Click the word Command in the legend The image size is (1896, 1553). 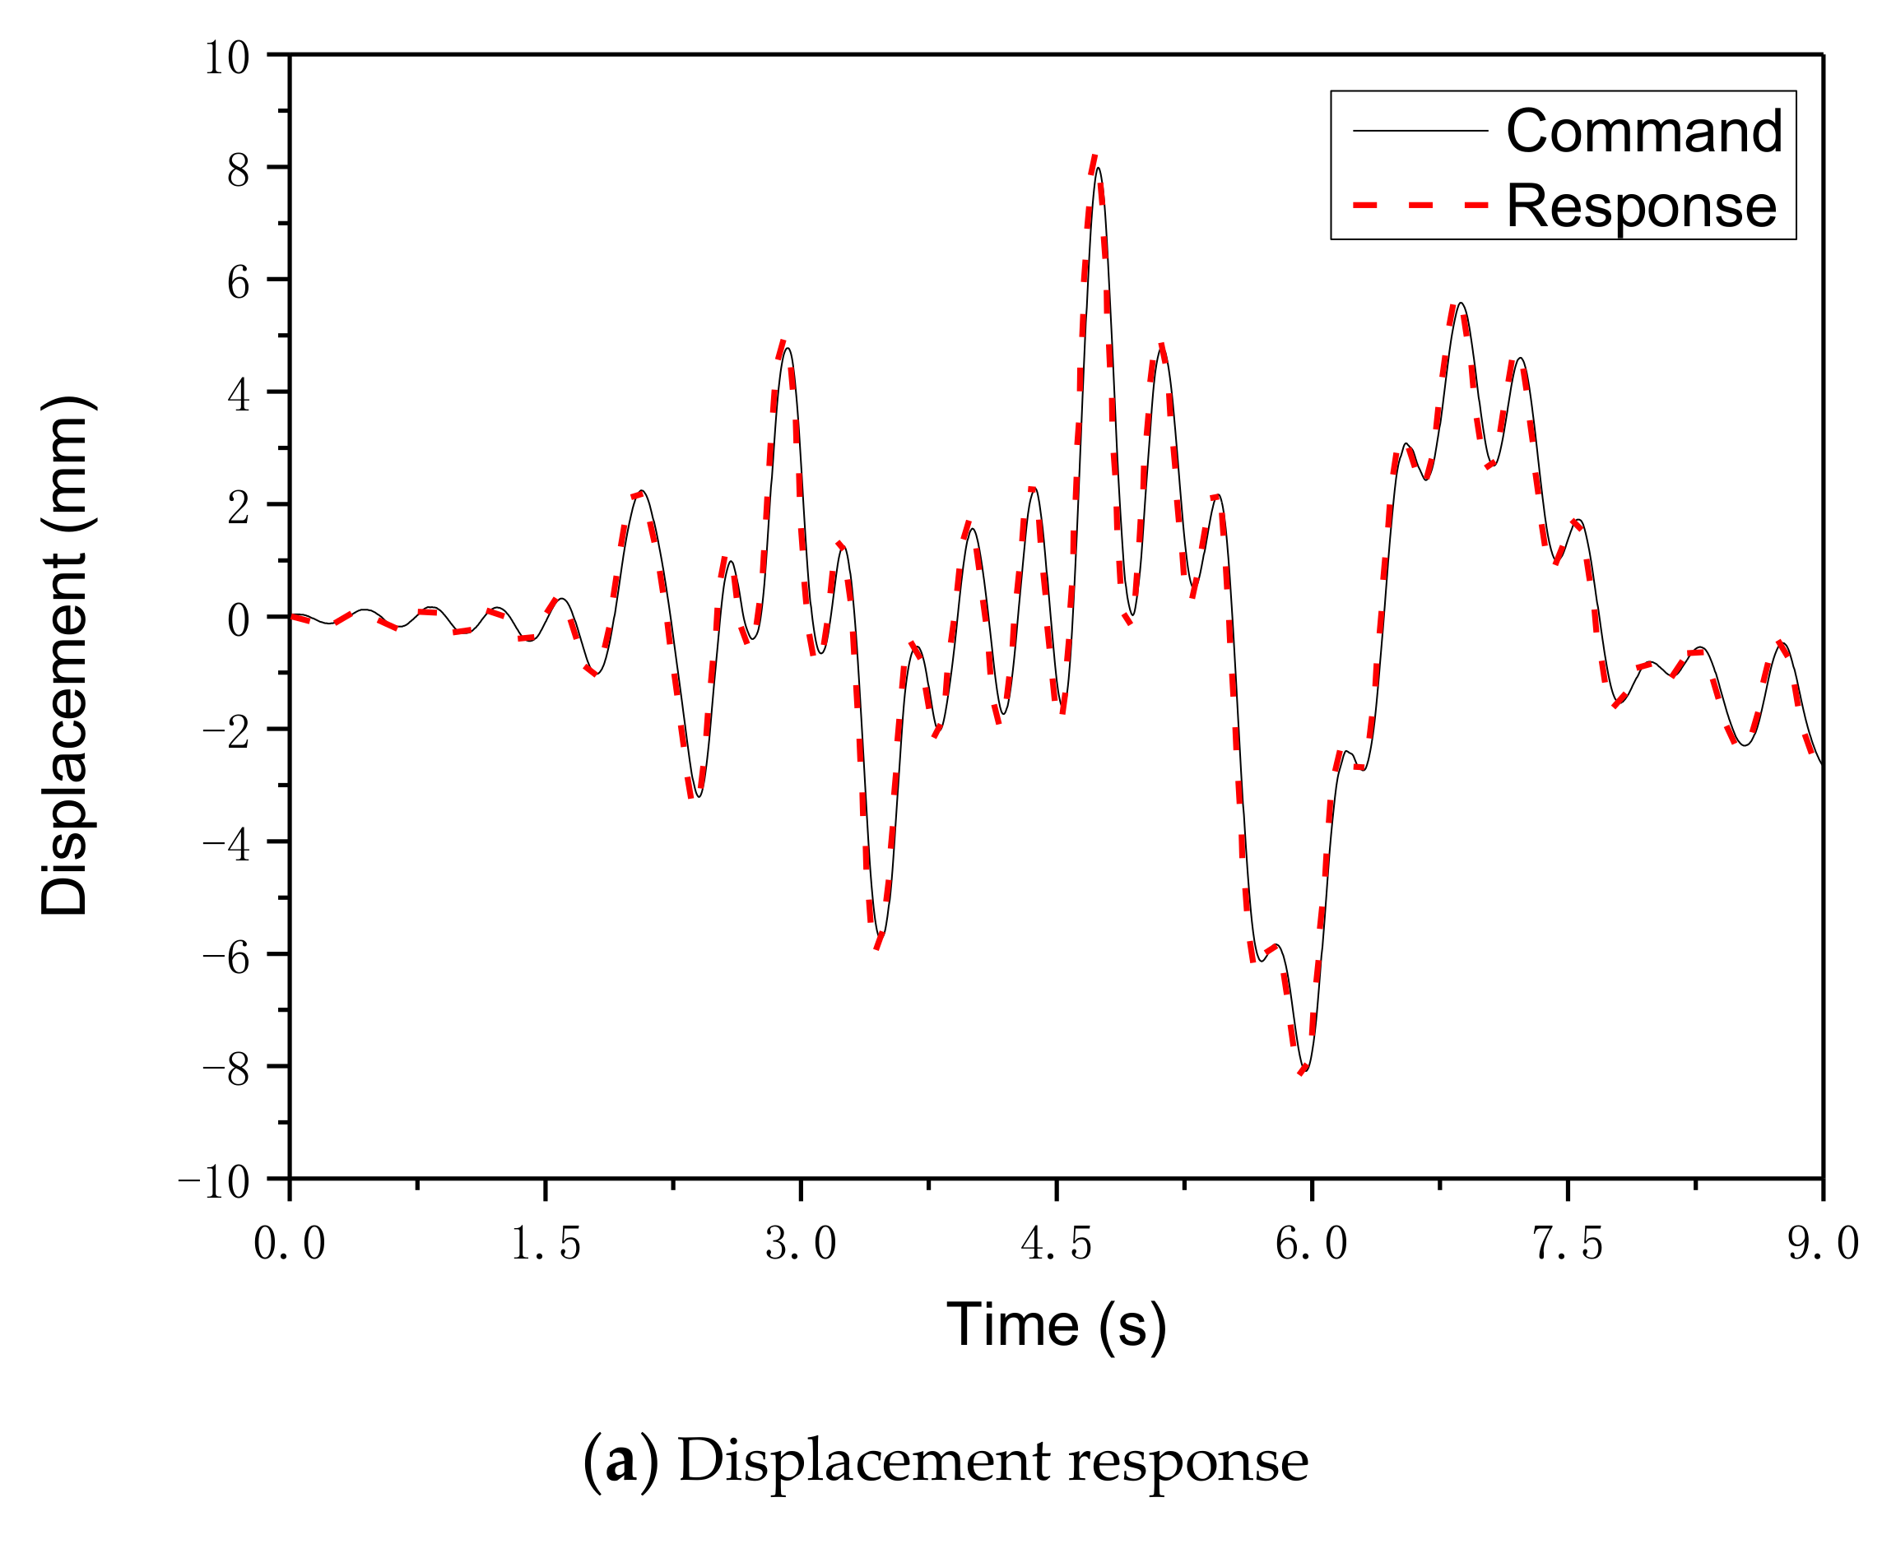point(1643,132)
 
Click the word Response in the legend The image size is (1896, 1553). point(1641,206)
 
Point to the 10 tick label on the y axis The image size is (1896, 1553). point(226,58)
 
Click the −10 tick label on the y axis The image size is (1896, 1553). point(214,1183)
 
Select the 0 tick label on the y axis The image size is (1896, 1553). point(238,620)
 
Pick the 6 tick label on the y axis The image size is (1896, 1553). point(238,283)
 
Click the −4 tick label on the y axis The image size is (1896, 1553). point(226,845)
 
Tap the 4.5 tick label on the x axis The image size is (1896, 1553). point(1057,1245)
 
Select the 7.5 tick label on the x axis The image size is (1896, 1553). point(1568,1245)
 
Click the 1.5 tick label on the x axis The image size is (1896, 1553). point(545,1245)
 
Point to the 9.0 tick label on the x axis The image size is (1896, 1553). point(1823,1245)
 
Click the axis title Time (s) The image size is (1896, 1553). point(1057,1325)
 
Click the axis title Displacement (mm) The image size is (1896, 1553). point(64,656)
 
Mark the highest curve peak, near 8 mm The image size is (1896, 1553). point(1097,165)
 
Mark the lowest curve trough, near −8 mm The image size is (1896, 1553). point(1305,1070)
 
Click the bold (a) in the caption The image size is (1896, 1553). point(620,1461)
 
